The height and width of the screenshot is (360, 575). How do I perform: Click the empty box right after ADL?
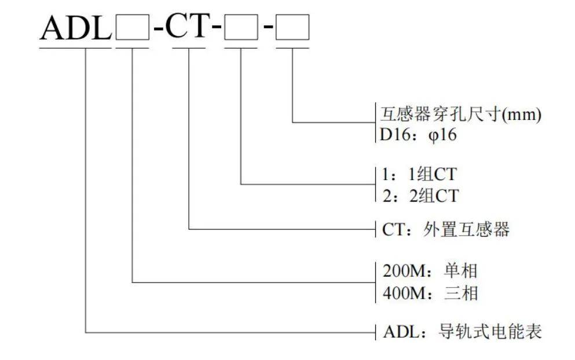click(132, 28)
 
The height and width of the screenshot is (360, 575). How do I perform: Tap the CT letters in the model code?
click(187, 27)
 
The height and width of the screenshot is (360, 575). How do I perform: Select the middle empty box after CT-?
click(240, 28)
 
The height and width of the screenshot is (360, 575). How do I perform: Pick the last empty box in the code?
click(293, 28)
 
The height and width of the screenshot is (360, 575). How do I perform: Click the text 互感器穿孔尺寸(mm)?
click(462, 115)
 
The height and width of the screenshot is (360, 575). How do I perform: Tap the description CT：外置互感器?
click(446, 230)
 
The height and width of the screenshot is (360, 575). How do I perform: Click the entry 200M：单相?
click(431, 270)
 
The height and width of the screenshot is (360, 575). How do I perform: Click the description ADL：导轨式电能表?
click(463, 332)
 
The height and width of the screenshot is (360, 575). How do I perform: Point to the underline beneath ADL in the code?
click(75, 47)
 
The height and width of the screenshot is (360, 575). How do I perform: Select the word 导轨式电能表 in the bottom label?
click(491, 332)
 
